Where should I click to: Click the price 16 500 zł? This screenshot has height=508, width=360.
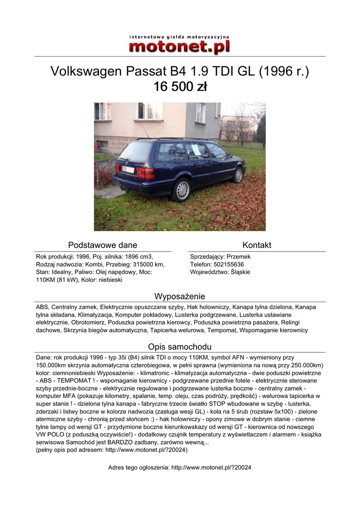click(x=180, y=87)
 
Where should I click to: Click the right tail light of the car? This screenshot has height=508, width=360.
click(x=145, y=173)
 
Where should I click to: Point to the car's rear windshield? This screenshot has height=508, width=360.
click(x=136, y=151)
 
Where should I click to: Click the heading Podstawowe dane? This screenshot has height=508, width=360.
click(x=102, y=245)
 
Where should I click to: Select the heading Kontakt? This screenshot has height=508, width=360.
click(x=257, y=245)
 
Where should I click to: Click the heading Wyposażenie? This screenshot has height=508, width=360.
click(x=180, y=296)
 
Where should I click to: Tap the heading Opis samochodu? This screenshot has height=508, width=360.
click(x=180, y=347)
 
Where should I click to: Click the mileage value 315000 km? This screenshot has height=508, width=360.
click(x=147, y=264)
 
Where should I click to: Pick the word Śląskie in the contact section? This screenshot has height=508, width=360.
click(x=240, y=272)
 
